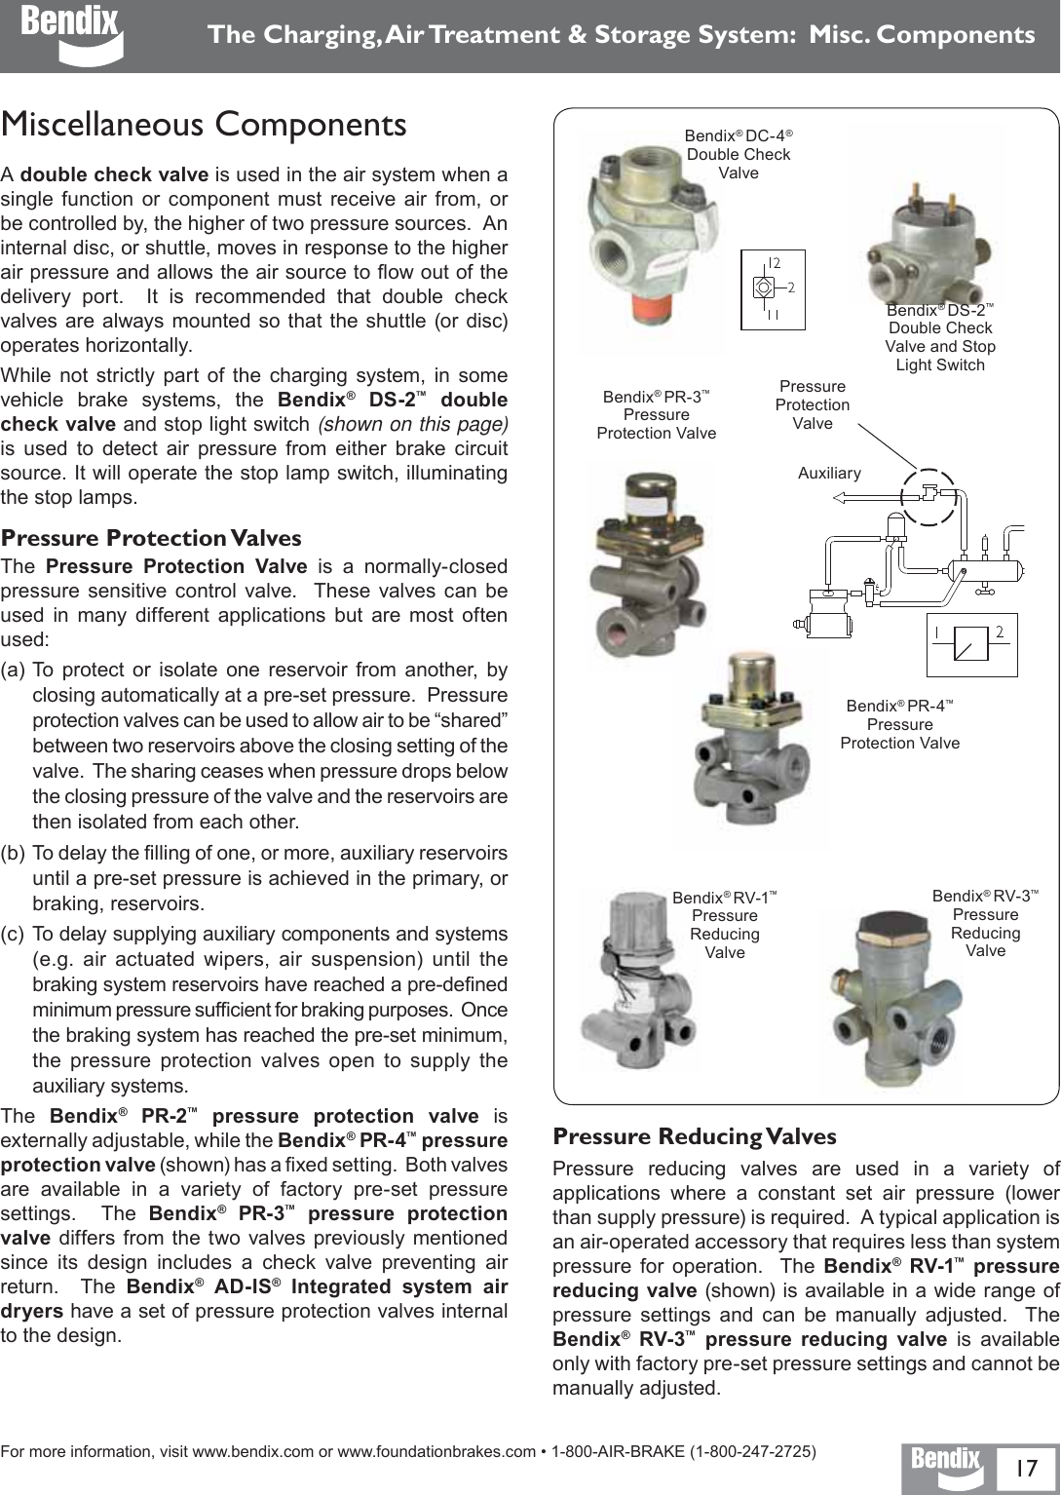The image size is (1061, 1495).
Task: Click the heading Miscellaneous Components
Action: (205, 126)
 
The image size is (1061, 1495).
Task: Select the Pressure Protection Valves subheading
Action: (151, 538)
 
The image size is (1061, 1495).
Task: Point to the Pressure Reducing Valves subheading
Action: (695, 1136)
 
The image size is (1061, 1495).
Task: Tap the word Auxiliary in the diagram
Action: (829, 474)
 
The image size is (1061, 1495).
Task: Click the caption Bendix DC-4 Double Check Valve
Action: (739, 154)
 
